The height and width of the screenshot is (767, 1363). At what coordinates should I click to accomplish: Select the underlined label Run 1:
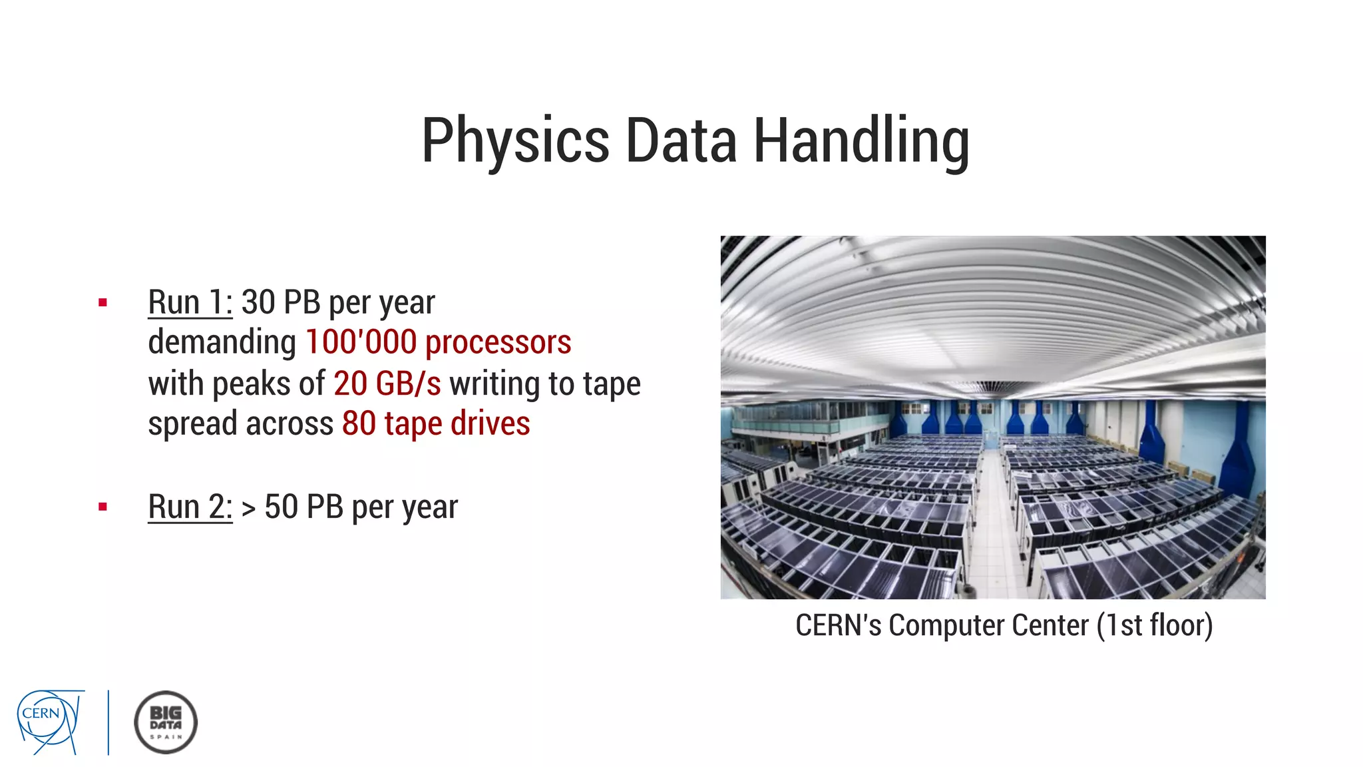(190, 303)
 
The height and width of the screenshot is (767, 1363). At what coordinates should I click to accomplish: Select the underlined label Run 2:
(190, 507)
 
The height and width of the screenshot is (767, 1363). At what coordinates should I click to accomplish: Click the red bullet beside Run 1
(102, 303)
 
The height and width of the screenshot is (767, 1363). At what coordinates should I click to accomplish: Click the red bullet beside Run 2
(102, 507)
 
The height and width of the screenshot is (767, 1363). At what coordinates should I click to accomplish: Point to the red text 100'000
(361, 342)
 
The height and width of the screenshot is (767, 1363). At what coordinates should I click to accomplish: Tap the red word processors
(498, 342)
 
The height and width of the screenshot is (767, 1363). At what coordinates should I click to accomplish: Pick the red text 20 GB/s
(387, 383)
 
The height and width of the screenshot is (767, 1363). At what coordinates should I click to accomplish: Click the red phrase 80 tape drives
(436, 424)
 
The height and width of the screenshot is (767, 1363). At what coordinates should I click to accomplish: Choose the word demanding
(222, 342)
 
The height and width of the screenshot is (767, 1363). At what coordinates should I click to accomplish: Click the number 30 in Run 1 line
(258, 303)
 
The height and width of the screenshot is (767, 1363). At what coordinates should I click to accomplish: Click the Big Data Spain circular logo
(166, 722)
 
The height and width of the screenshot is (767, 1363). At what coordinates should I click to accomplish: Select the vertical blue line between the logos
(108, 722)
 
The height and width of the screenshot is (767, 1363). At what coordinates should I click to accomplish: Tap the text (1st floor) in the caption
(1155, 626)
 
